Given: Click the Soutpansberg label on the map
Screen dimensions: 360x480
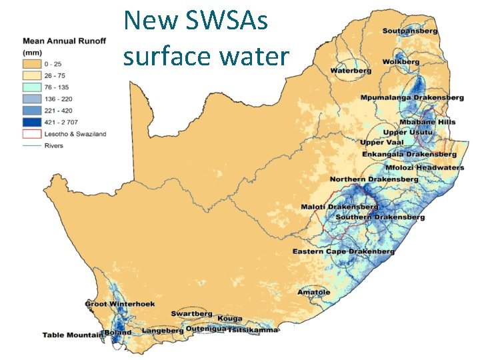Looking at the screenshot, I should click(x=409, y=31).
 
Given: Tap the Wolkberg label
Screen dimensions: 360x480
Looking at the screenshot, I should click(x=401, y=62).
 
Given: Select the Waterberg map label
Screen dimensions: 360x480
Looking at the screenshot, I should click(x=350, y=71).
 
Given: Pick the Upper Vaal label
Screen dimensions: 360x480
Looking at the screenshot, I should click(x=381, y=143).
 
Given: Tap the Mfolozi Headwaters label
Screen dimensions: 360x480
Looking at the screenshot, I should click(x=424, y=167).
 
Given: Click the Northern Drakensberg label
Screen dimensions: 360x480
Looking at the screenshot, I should click(x=374, y=179).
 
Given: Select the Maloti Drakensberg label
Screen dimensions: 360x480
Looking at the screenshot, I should click(x=339, y=207).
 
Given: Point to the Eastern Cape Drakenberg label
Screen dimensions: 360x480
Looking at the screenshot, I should click(x=343, y=251).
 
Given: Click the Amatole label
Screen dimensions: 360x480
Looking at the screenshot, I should click(x=313, y=292).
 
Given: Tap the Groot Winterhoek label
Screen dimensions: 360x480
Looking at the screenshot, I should click(x=120, y=304).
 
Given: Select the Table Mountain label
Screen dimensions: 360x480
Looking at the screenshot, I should click(x=72, y=335).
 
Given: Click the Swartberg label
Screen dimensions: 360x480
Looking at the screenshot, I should click(x=191, y=313).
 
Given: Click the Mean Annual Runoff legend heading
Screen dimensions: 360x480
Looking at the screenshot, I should click(x=64, y=41).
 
